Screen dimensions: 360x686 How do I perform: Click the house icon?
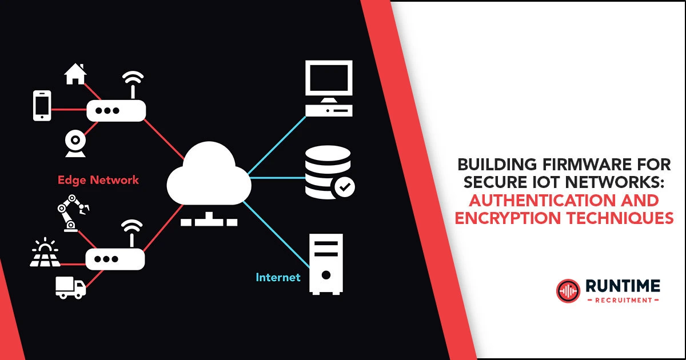coord(75,74)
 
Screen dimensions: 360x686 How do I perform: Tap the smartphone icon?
coord(42,106)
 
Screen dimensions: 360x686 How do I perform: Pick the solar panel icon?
coord(45,254)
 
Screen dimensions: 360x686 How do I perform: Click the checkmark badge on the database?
coord(344,186)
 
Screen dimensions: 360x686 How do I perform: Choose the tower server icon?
coord(326,263)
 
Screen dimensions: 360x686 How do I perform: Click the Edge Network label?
coord(98,180)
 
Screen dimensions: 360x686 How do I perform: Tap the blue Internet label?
coord(278,278)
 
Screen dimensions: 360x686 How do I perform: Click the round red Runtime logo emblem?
coord(568,290)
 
